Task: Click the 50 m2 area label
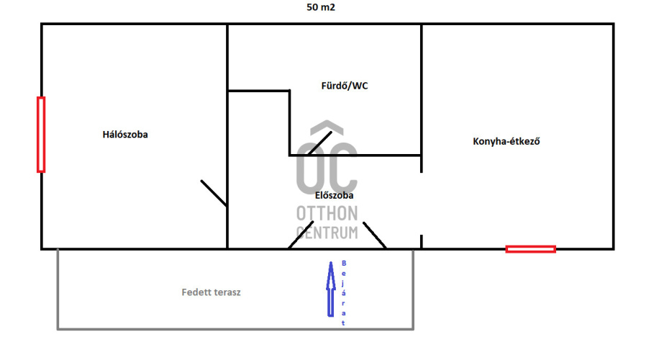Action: pyautogui.click(x=321, y=8)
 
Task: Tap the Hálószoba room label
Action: pyautogui.click(x=125, y=134)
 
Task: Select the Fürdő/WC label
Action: pyautogui.click(x=345, y=86)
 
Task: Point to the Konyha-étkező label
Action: pyautogui.click(x=507, y=141)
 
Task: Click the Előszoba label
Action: pyautogui.click(x=335, y=194)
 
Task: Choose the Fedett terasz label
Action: pyautogui.click(x=211, y=293)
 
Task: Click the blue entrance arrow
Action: pyautogui.click(x=331, y=288)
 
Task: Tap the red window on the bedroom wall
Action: pyautogui.click(x=41, y=134)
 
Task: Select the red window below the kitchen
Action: pyautogui.click(x=530, y=249)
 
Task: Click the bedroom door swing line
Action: pyautogui.click(x=214, y=193)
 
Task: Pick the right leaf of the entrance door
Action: pyautogui.click(x=374, y=235)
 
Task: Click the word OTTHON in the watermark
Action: pyautogui.click(x=327, y=214)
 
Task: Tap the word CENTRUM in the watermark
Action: pyautogui.click(x=327, y=232)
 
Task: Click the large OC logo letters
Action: pyautogui.click(x=327, y=165)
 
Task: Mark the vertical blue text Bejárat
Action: pyautogui.click(x=344, y=293)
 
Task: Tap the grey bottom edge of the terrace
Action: pyautogui.click(x=235, y=329)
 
